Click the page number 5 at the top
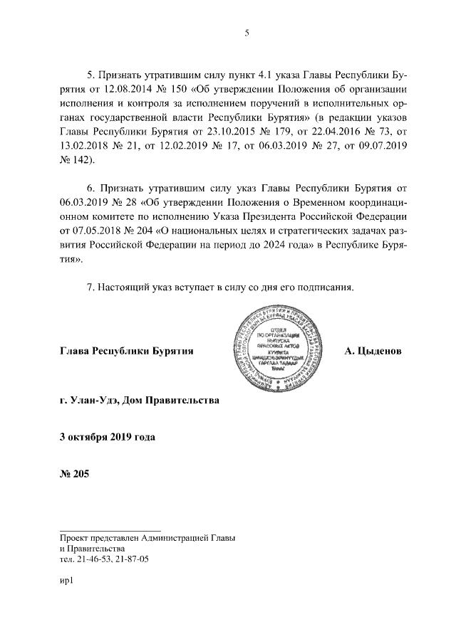click(x=246, y=32)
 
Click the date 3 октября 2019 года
click(x=107, y=436)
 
